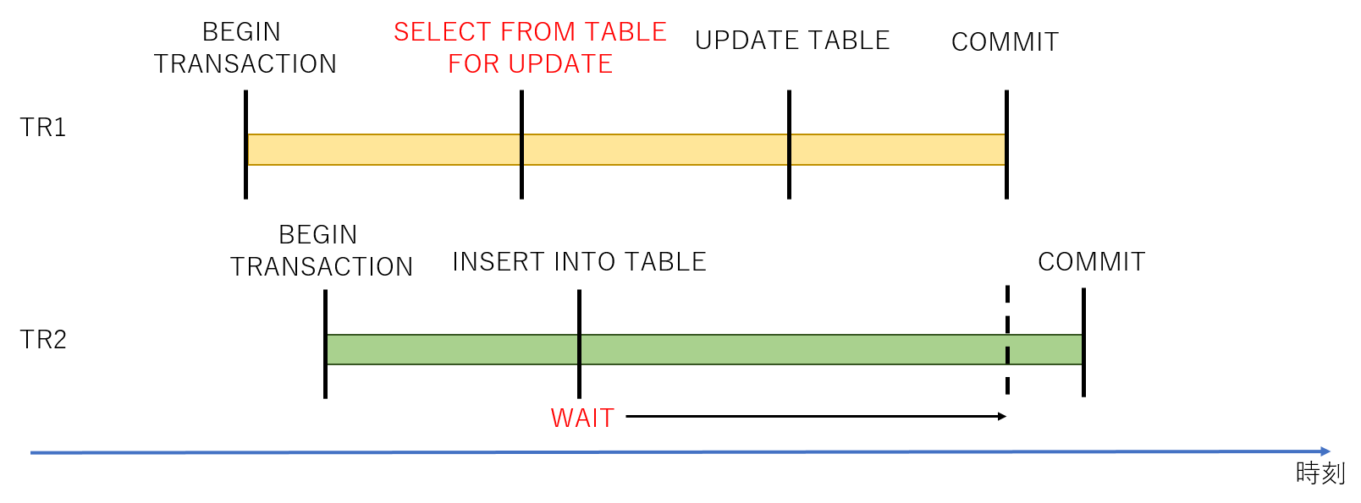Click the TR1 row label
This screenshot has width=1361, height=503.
[x=43, y=128]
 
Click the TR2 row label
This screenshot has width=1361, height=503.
[x=43, y=340]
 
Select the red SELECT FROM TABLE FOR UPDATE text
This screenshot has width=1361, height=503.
[x=530, y=47]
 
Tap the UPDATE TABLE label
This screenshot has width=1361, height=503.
[x=792, y=41]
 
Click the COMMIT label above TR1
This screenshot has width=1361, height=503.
[x=1005, y=42]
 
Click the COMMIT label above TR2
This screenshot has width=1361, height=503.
[x=1091, y=262]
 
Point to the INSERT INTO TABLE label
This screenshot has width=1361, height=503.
[x=579, y=262]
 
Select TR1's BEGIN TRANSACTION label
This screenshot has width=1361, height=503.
[x=245, y=47]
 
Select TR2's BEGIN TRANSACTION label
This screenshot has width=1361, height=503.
[x=321, y=250]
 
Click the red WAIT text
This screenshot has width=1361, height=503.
[x=582, y=418]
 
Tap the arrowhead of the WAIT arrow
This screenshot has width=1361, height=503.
[x=1002, y=416]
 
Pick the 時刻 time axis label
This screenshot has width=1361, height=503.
[x=1320, y=473]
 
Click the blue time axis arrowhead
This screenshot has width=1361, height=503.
[x=1325, y=451]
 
